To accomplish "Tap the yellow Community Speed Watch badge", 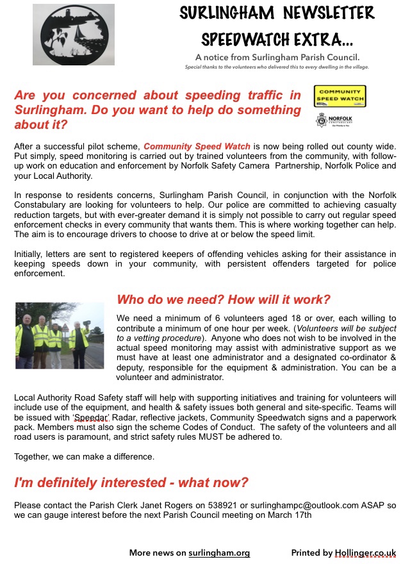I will click(340, 96).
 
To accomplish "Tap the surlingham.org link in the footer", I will click(219, 552).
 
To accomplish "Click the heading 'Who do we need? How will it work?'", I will click(224, 300).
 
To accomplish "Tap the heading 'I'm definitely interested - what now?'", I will click(131, 483).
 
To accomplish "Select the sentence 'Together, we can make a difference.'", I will click(84, 457).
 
